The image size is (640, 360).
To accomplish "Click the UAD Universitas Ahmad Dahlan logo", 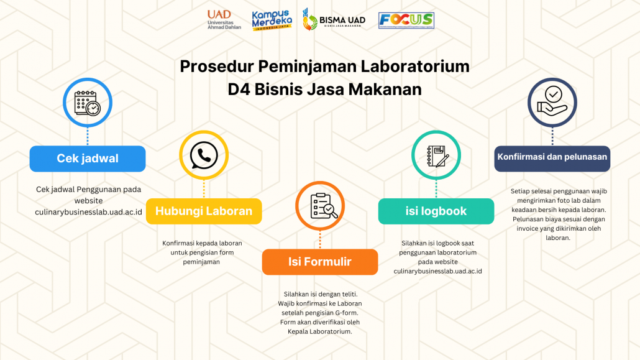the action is pyautogui.click(x=224, y=20).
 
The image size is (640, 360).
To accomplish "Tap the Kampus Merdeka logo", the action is pyautogui.click(x=272, y=20).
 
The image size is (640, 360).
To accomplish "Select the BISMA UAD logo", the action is pyautogui.click(x=334, y=20).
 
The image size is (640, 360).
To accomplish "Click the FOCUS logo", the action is pyautogui.click(x=406, y=21).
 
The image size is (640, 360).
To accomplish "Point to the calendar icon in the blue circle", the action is pyautogui.click(x=88, y=103).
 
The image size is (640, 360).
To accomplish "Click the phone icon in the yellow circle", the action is pyautogui.click(x=204, y=155).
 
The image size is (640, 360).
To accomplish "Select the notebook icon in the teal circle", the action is pyautogui.click(x=437, y=156).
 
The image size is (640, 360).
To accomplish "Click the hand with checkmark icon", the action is pyautogui.click(x=552, y=101).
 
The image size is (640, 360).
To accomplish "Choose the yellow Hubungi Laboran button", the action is pyautogui.click(x=204, y=211).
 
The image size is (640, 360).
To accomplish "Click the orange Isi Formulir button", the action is pyautogui.click(x=320, y=262).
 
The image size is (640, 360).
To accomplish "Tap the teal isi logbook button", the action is pyautogui.click(x=436, y=211).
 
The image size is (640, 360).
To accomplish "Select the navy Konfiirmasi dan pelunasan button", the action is pyautogui.click(x=552, y=159).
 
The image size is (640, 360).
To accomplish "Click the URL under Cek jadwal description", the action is pyautogui.click(x=89, y=212).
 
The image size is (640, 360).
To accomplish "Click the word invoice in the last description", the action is pyautogui.click(x=528, y=228).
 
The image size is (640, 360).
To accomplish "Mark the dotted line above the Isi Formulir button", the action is pyautogui.click(x=320, y=240).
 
